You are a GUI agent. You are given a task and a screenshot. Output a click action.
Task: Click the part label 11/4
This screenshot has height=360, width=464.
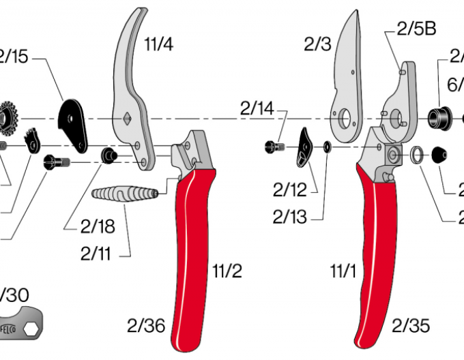[x=158, y=45]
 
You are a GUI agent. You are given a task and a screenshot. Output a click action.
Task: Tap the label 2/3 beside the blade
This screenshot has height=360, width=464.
[x=318, y=45]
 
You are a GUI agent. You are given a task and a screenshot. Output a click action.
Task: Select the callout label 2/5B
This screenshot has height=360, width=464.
[x=416, y=29]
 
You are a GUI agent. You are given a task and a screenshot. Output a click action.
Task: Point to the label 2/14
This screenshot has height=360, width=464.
[x=257, y=108]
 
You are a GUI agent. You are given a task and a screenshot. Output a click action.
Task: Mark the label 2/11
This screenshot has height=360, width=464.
[x=96, y=255]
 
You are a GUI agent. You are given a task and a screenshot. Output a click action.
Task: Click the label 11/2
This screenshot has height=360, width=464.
[x=227, y=272]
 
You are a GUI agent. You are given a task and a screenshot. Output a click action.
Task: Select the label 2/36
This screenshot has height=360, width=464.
[x=147, y=326]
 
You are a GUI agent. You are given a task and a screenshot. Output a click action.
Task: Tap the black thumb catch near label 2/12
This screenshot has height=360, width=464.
[x=304, y=147]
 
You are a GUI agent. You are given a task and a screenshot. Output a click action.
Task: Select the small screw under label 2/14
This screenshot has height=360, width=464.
[x=274, y=146]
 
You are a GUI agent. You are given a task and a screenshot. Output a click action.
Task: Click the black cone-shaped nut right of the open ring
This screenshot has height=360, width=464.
[x=439, y=155]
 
